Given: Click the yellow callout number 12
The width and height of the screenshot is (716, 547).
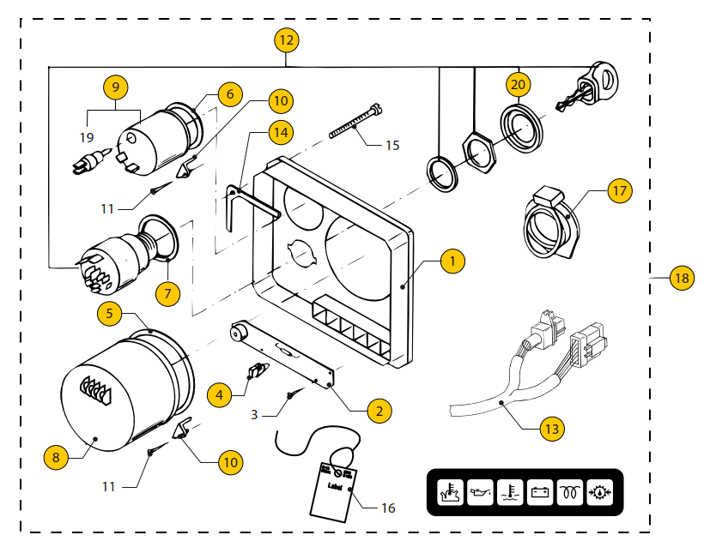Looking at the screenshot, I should (286, 40).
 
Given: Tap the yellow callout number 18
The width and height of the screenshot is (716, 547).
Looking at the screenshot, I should (682, 278).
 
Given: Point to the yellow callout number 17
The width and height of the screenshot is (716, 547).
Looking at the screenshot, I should (620, 190).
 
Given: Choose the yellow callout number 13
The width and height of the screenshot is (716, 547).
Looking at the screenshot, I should (552, 429).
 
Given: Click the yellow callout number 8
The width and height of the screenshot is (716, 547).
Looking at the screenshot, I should (56, 457).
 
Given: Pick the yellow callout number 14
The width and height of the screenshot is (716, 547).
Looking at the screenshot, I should (280, 132).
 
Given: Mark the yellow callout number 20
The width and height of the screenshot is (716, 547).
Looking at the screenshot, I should (518, 85).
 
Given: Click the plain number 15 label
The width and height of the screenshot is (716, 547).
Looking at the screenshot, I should (391, 145).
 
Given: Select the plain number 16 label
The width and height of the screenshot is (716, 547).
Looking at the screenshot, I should (388, 508).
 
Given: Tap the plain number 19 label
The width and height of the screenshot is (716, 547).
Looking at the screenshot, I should (87, 137).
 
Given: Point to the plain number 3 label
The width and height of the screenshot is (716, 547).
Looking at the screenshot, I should (255, 414).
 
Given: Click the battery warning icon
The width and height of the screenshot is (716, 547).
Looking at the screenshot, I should (540, 494).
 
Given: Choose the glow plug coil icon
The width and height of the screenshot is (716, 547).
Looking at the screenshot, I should (569, 494).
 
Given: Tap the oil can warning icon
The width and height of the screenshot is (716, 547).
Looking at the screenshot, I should (481, 494).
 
